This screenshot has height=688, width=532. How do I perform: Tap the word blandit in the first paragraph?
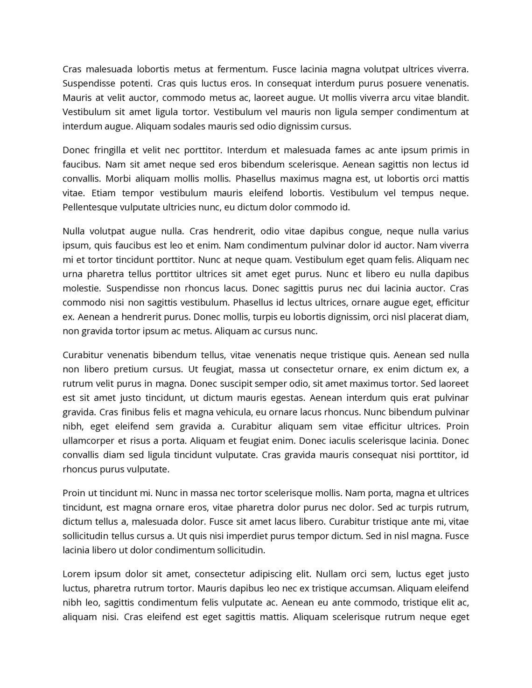[452, 98]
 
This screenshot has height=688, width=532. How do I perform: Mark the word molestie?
[81, 288]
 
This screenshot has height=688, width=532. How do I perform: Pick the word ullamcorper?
[88, 441]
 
